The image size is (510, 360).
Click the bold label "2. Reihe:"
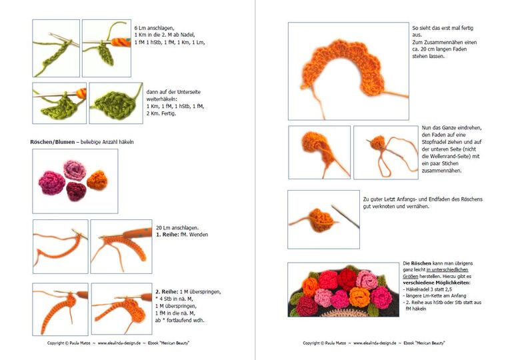pyautogui.click(x=168, y=292)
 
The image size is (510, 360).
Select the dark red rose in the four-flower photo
pyautogui.click(x=76, y=192)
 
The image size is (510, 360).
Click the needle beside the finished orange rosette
pyautogui.click(x=347, y=215)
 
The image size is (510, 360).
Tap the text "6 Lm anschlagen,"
pyautogui.click(x=155, y=27)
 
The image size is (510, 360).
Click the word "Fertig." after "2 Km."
pyautogui.click(x=168, y=113)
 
